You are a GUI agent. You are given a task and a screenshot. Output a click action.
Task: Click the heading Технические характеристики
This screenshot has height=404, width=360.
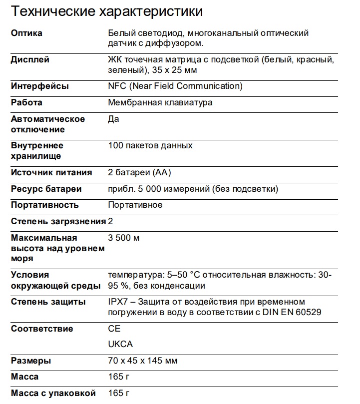pyautogui.click(x=107, y=10)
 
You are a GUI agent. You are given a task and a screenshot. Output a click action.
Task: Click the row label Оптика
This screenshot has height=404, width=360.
pyautogui.click(x=26, y=33)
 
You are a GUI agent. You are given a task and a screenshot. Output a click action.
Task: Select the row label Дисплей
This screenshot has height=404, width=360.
pyautogui.click(x=30, y=60)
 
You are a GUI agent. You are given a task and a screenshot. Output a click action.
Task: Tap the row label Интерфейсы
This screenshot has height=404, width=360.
pyautogui.click(x=40, y=86)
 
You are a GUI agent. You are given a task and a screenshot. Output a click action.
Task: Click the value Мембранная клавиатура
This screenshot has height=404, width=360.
pyautogui.click(x=160, y=103)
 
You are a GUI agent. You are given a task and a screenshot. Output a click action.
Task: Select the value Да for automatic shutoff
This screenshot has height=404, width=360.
pyautogui.click(x=113, y=119)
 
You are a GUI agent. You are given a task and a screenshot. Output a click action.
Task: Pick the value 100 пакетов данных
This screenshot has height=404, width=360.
pyautogui.click(x=150, y=146)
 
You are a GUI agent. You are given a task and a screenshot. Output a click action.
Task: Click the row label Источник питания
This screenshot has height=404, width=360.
pyautogui.click(x=51, y=173)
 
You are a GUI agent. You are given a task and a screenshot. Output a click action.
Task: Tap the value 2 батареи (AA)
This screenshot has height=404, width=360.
pyautogui.click(x=140, y=173)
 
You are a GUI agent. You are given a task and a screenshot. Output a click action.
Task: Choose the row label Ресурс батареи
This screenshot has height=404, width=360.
pyautogui.click(x=46, y=189)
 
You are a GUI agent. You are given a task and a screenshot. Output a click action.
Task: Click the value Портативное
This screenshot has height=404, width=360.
pyautogui.click(x=135, y=205)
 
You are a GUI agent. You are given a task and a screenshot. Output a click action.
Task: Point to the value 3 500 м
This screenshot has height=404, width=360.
pyautogui.click(x=124, y=238)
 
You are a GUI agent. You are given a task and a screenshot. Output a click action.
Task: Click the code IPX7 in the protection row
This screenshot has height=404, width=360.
pyautogui.click(x=118, y=302)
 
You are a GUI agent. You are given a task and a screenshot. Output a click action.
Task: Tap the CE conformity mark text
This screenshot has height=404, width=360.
pyautogui.click(x=114, y=329)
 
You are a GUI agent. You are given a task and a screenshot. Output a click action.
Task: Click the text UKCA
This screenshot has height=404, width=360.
pyautogui.click(x=120, y=345)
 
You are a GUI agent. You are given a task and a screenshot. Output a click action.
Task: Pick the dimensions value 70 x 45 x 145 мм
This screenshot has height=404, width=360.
pyautogui.click(x=143, y=361)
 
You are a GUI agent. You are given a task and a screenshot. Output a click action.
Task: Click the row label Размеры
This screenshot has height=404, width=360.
pyautogui.click(x=31, y=361)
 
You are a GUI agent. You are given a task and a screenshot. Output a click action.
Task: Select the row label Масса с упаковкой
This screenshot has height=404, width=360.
pyautogui.click(x=53, y=393)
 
